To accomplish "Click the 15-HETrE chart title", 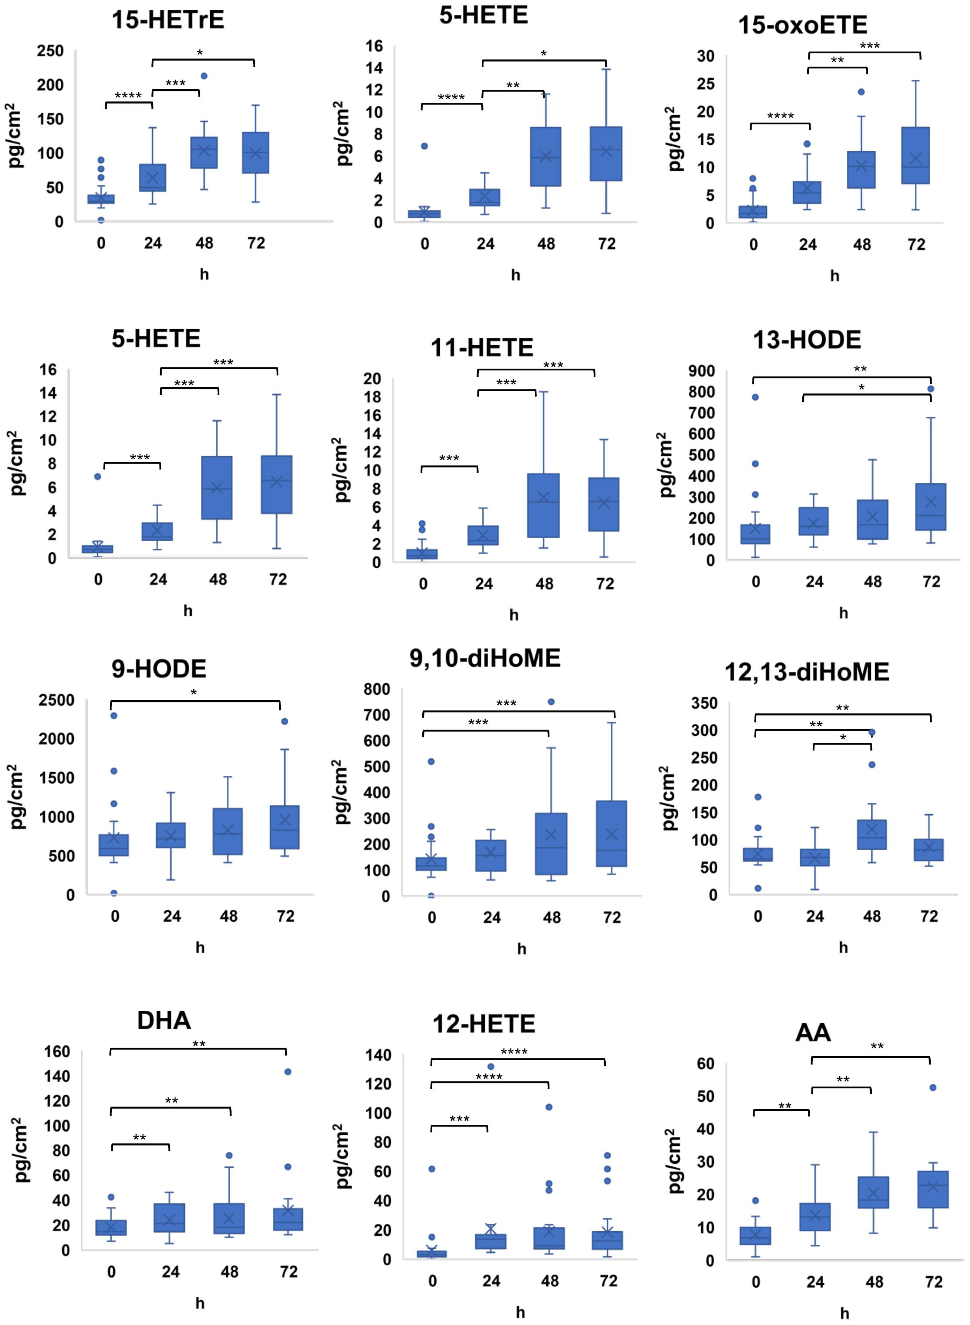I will [x=168, y=20].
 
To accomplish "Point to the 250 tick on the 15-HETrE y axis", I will [x=50, y=51].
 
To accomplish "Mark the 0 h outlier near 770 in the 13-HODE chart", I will [x=755, y=397].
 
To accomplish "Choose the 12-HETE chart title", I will [x=484, y=1024].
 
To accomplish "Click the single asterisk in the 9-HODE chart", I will [x=194, y=693].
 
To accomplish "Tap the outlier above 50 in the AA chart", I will [x=933, y=1088].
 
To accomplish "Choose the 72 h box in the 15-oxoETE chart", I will [x=916, y=156].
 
